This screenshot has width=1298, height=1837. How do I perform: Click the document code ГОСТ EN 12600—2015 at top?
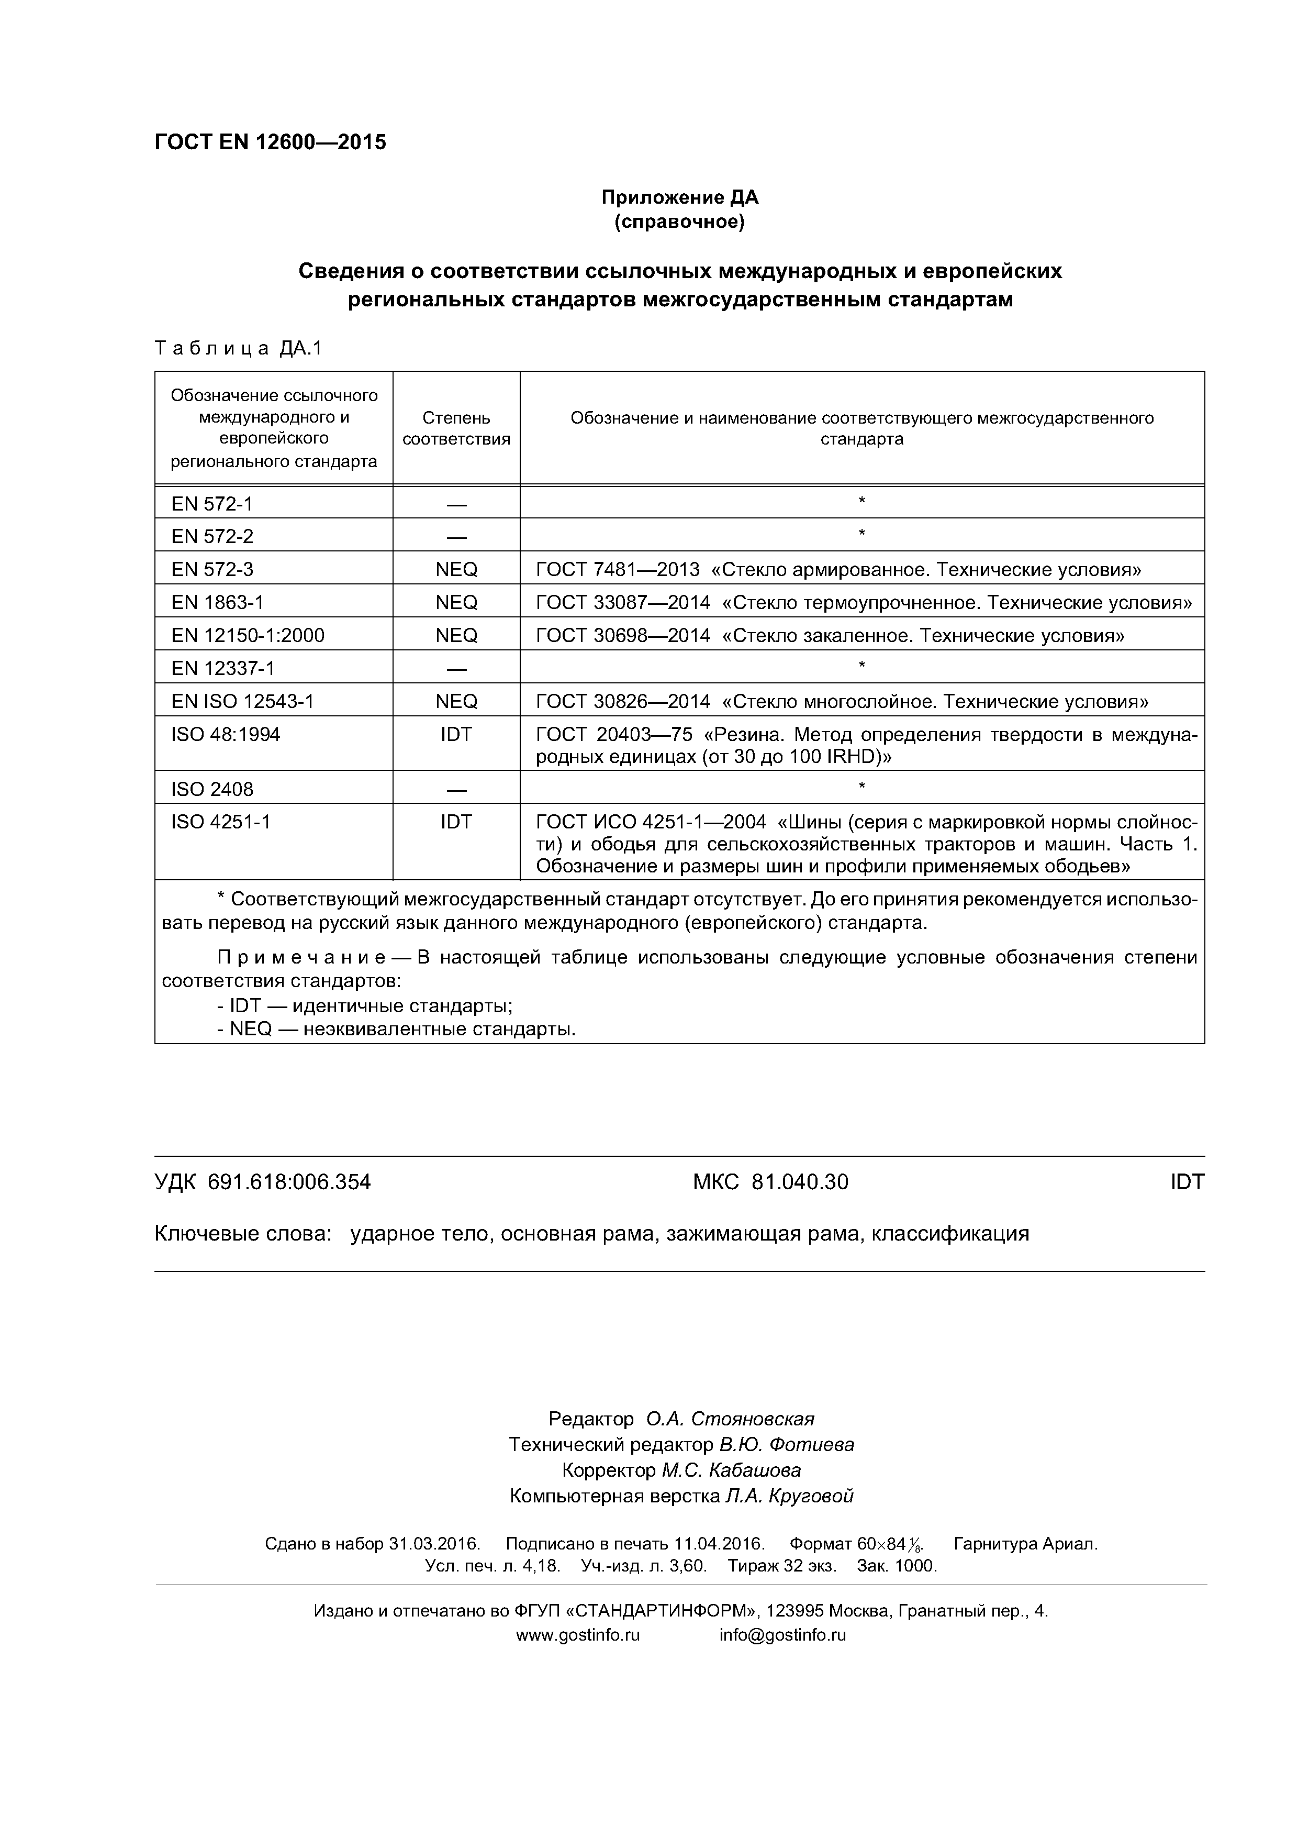[270, 142]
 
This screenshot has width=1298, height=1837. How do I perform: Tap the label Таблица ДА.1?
[238, 348]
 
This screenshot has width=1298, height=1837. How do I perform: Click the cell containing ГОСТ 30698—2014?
[830, 635]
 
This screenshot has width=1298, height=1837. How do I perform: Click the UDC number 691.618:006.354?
[289, 1182]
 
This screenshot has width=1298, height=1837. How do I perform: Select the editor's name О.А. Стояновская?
[730, 1419]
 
